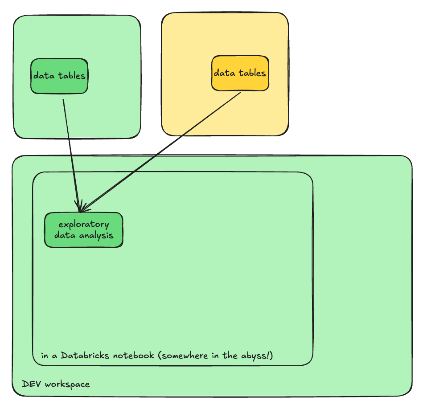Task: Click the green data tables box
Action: coord(59,76)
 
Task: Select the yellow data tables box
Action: coord(240,73)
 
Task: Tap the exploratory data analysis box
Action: coord(84,230)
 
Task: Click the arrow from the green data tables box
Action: coord(71,151)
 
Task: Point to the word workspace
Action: coord(67,384)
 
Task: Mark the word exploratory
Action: coord(84,224)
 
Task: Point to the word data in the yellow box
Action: coord(224,73)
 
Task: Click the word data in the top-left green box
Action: coord(43,76)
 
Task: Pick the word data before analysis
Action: coord(64,235)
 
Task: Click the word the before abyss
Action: coord(232,356)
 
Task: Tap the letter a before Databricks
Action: coord(55,356)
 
